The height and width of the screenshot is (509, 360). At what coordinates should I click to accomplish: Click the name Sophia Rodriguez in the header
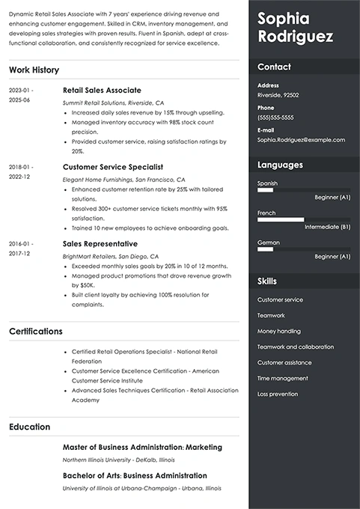tap(295, 28)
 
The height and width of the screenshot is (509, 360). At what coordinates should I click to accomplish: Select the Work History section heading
tap(34, 70)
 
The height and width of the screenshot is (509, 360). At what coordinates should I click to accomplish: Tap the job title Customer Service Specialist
tap(113, 167)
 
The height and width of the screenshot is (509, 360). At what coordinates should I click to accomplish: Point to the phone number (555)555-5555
tap(275, 118)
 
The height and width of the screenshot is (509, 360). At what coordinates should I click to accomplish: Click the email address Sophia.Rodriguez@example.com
tap(301, 139)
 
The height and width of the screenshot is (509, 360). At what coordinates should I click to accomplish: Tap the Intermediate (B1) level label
tap(327, 227)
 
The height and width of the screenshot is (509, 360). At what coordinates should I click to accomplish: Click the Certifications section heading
tap(36, 331)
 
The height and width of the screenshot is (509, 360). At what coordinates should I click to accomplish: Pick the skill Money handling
tap(279, 331)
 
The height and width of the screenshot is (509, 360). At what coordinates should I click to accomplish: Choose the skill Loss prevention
tap(278, 394)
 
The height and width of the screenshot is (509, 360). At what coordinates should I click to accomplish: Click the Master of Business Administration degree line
tap(142, 448)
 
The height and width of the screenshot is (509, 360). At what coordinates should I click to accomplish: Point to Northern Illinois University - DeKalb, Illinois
tap(118, 460)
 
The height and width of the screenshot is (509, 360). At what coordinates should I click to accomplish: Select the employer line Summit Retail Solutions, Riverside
tap(113, 102)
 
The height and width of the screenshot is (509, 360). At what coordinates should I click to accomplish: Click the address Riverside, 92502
tap(278, 96)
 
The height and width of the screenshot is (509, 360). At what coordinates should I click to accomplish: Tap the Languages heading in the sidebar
tap(280, 165)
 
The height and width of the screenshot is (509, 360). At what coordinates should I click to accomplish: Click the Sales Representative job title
tap(100, 244)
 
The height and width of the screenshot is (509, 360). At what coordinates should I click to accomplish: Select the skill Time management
tap(282, 378)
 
